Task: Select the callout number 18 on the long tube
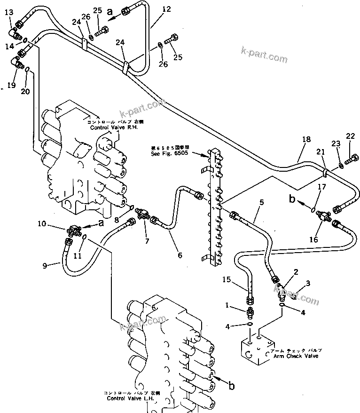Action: tap(306, 140)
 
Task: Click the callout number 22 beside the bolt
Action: tap(350, 136)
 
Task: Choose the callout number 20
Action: tap(25, 91)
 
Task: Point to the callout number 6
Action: tap(180, 255)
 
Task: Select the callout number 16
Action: tap(313, 239)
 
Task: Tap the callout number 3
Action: tap(308, 283)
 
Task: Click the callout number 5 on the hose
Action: tap(261, 202)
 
